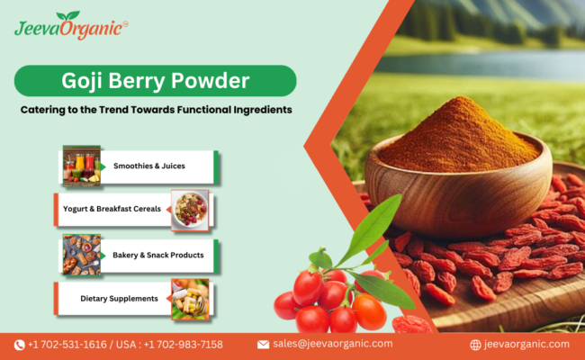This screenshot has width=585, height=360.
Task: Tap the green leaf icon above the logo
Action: [67, 15]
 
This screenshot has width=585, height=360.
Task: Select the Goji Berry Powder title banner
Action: [154, 80]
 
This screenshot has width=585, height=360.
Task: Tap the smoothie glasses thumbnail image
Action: [81, 165]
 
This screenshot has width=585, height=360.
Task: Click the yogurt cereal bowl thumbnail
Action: [190, 209]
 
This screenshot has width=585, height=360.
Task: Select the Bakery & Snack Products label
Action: [158, 255]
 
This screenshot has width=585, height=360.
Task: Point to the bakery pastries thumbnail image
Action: [81, 255]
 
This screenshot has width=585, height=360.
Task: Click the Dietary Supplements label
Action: [119, 298]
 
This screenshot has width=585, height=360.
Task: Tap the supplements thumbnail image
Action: [190, 298]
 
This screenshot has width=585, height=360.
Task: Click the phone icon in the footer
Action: [19, 345]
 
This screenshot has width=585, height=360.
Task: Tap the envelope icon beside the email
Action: [263, 345]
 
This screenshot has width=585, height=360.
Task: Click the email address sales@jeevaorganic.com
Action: [332, 345]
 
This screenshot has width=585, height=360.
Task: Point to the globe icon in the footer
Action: [475, 345]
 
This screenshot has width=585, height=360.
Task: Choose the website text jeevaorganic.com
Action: [527, 345]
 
